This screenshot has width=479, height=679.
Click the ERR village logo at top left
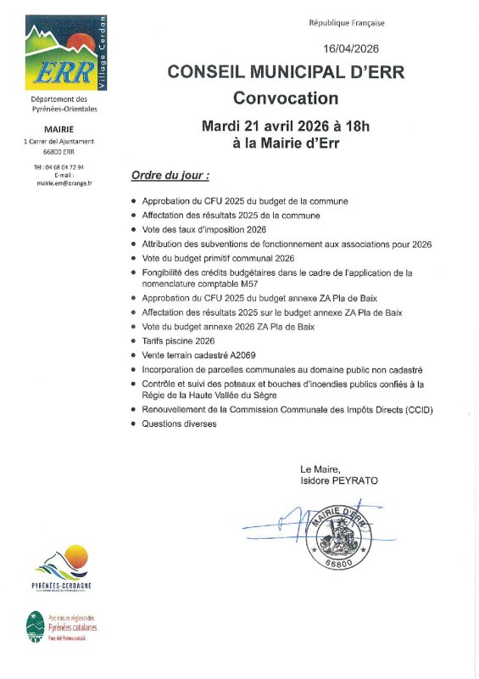(x=64, y=55)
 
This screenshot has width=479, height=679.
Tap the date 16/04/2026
(x=350, y=50)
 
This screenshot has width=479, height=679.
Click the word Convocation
(x=286, y=98)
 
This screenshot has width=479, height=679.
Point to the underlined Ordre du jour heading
(x=170, y=175)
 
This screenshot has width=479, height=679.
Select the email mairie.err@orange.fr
(x=64, y=182)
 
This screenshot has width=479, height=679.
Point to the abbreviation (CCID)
(x=415, y=410)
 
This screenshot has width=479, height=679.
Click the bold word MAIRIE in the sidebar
(x=64, y=128)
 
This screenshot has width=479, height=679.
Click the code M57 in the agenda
(x=246, y=284)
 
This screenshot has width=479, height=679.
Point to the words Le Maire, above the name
(x=320, y=469)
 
